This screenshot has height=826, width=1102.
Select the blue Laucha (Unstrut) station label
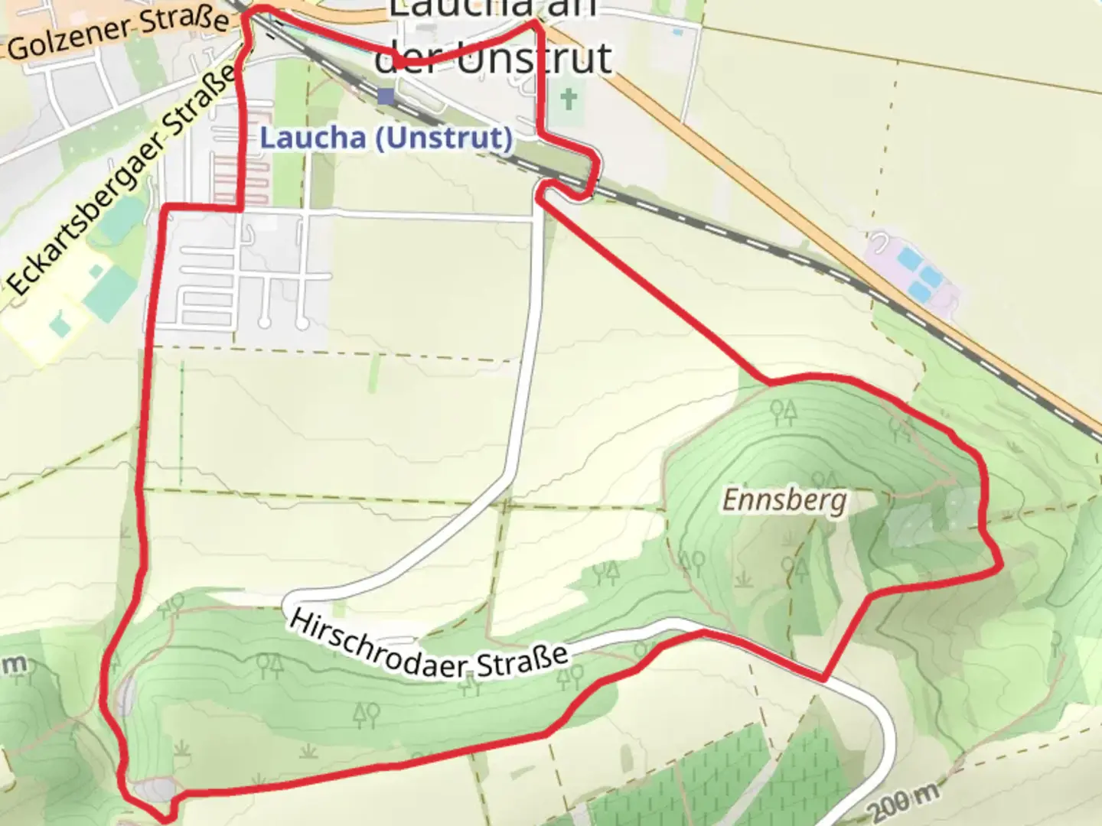[x=386, y=138]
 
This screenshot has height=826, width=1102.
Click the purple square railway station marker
[x=386, y=96]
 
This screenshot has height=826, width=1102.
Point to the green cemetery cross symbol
[x=567, y=99]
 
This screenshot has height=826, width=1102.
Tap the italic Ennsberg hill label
[x=785, y=501]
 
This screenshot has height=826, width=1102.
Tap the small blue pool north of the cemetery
[x=677, y=32]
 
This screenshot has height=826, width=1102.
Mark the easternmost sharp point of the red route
[x=1001, y=567]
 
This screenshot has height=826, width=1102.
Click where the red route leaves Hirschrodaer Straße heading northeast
[x=823, y=678]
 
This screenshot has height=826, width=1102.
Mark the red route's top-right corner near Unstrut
[x=536, y=23]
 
